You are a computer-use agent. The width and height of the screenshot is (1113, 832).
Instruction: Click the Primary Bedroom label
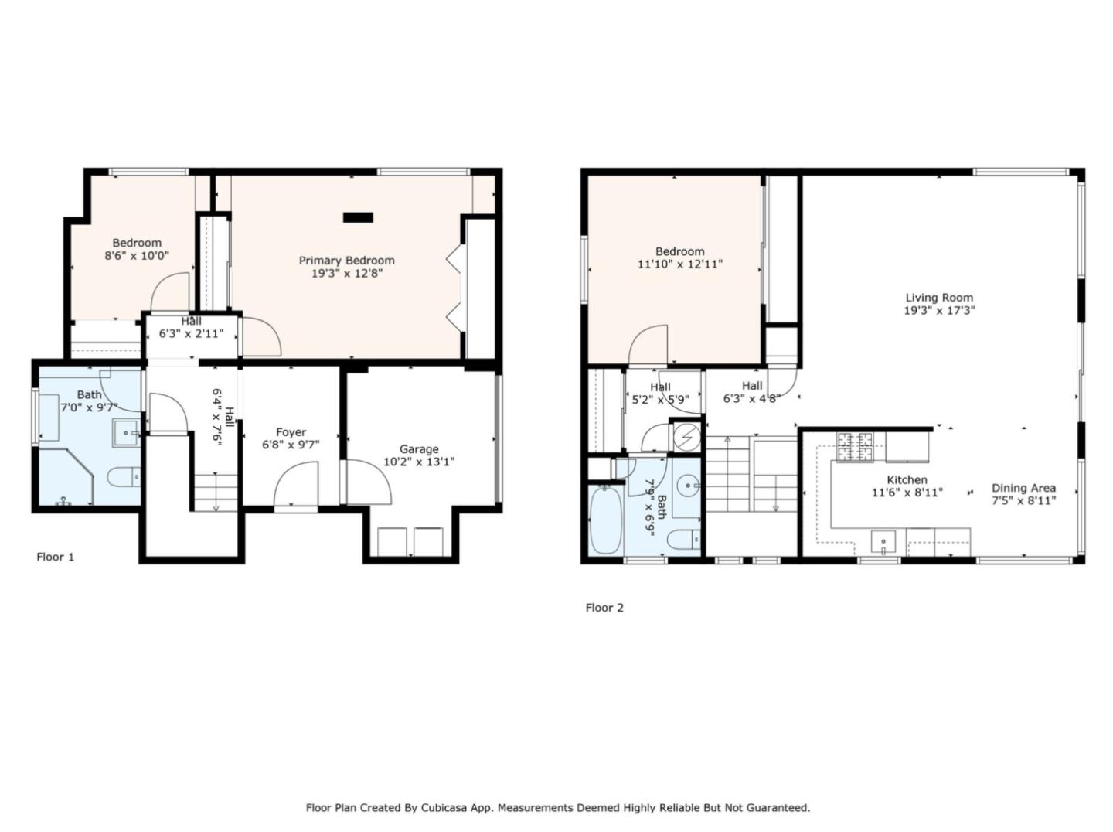[x=346, y=261]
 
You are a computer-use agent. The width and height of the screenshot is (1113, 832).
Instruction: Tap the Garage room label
[x=419, y=449]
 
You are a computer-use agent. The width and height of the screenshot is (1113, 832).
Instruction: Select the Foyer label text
[x=291, y=432]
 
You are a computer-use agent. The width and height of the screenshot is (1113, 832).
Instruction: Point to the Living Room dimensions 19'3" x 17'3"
[x=939, y=311]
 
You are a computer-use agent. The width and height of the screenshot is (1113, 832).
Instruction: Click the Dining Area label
[x=1023, y=488]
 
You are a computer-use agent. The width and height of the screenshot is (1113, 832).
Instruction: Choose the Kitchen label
[x=907, y=480]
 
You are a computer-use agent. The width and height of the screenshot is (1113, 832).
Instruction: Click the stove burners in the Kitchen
[x=855, y=446]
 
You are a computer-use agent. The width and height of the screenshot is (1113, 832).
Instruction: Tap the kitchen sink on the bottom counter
[x=883, y=541]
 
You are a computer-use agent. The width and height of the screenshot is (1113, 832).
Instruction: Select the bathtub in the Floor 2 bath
[x=604, y=519]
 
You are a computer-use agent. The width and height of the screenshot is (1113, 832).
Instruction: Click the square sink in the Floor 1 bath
[x=125, y=433]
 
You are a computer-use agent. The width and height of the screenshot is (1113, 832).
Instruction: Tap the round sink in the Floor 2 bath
[x=687, y=487]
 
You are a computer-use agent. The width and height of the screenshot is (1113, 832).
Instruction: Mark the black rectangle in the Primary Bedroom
[x=358, y=218]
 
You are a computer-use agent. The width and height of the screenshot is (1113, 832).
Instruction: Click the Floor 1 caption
[x=56, y=557]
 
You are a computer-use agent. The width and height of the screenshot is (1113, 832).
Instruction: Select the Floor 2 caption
[x=604, y=608]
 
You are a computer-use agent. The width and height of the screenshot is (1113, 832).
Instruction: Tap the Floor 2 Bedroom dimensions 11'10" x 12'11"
[x=679, y=264]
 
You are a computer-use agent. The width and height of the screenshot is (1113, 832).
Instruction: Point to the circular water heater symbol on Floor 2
[x=685, y=438]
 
